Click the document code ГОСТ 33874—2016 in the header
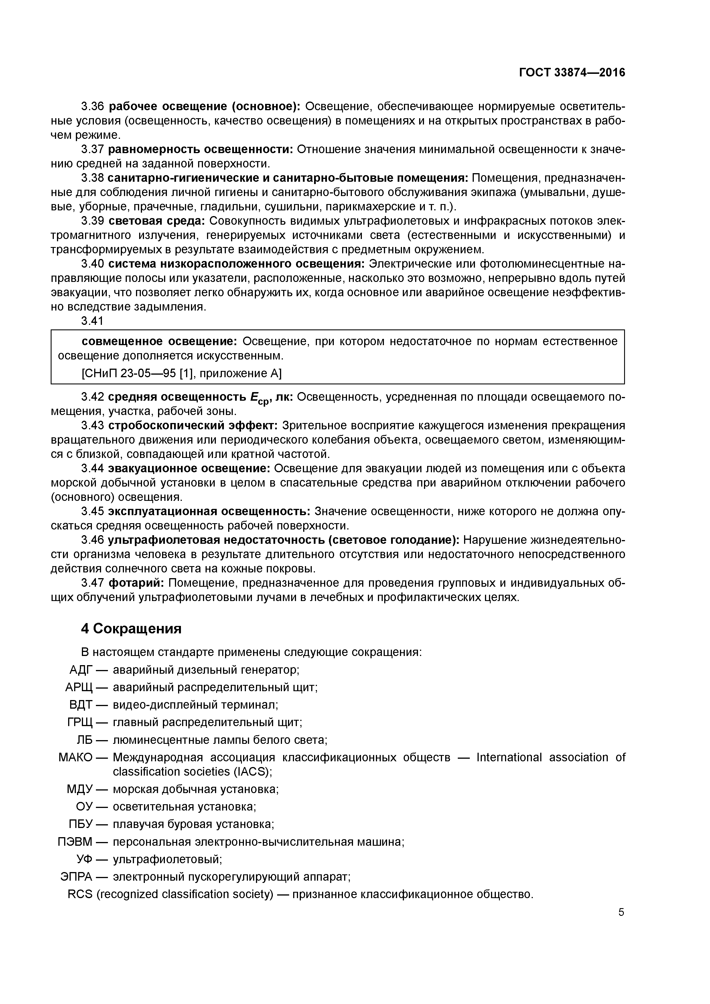pyautogui.click(x=572, y=73)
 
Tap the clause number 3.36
pyautogui.click(x=92, y=106)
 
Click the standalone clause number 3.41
pyautogui.click(x=92, y=321)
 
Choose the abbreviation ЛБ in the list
pyautogui.click(x=85, y=740)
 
